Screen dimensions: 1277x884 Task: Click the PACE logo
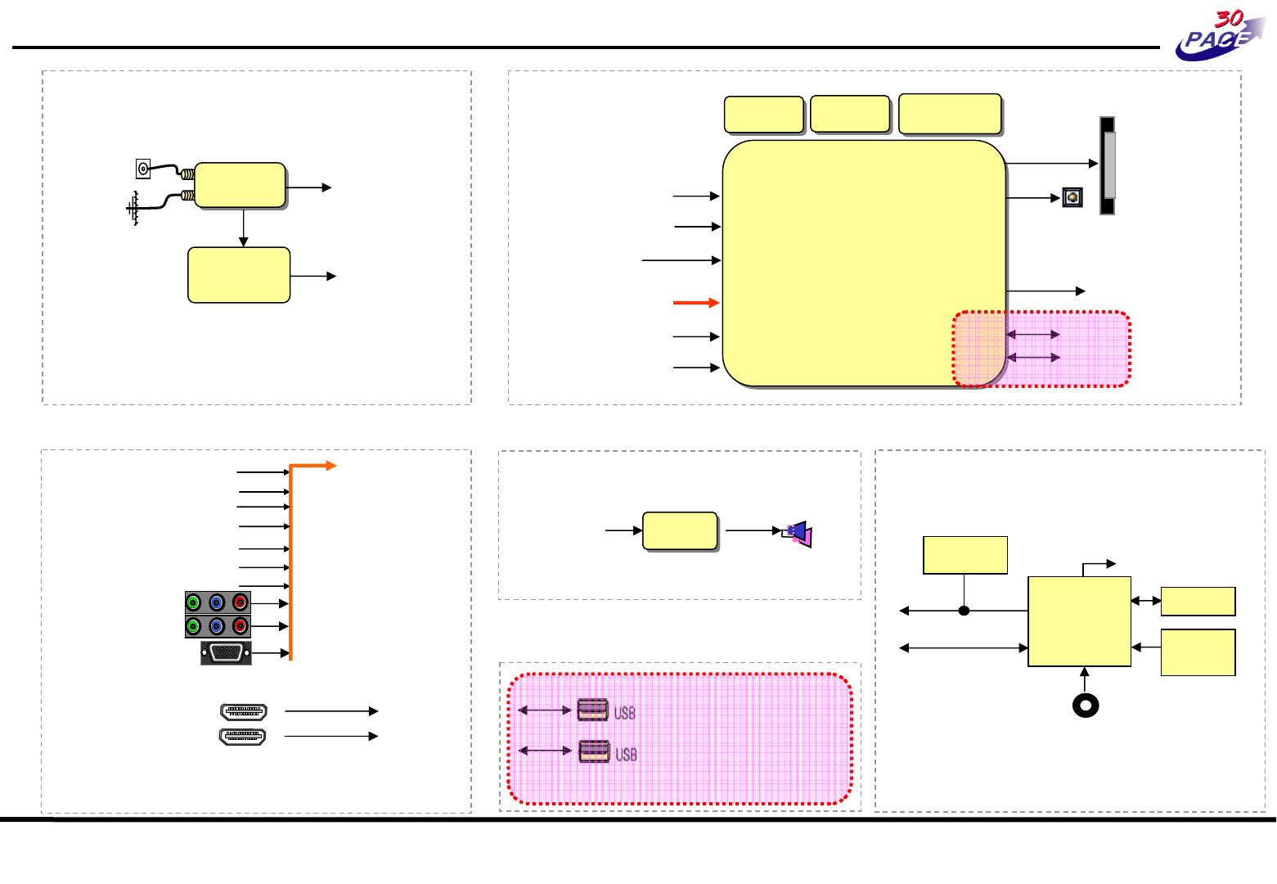pyautogui.click(x=1220, y=35)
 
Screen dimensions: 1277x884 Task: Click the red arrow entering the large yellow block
pyautogui.click(x=696, y=303)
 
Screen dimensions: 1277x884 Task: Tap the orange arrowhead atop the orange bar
pyautogui.click(x=331, y=466)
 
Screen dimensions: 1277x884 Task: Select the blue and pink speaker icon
pyautogui.click(x=798, y=533)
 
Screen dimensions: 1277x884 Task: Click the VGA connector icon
pyautogui.click(x=226, y=653)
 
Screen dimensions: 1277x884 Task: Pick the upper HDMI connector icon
pyautogui.click(x=244, y=712)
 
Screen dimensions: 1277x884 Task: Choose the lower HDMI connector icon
pyautogui.click(x=242, y=737)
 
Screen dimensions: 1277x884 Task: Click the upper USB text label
pyautogui.click(x=624, y=713)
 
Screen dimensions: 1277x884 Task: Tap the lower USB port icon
pyautogui.click(x=594, y=751)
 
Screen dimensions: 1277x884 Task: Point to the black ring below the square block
pyautogui.click(x=1086, y=706)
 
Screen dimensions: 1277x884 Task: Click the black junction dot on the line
pyautogui.click(x=964, y=611)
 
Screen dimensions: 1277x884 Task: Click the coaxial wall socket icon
pyautogui.click(x=143, y=169)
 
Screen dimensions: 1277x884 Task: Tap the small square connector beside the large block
pyautogui.click(x=1072, y=197)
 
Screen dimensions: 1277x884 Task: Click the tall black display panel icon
pyautogui.click(x=1107, y=165)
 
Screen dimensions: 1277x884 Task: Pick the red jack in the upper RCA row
pyautogui.click(x=240, y=602)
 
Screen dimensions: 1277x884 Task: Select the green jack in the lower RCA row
pyautogui.click(x=194, y=626)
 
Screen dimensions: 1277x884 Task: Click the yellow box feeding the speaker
pyautogui.click(x=680, y=531)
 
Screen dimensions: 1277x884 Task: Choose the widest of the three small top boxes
pyautogui.click(x=950, y=114)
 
